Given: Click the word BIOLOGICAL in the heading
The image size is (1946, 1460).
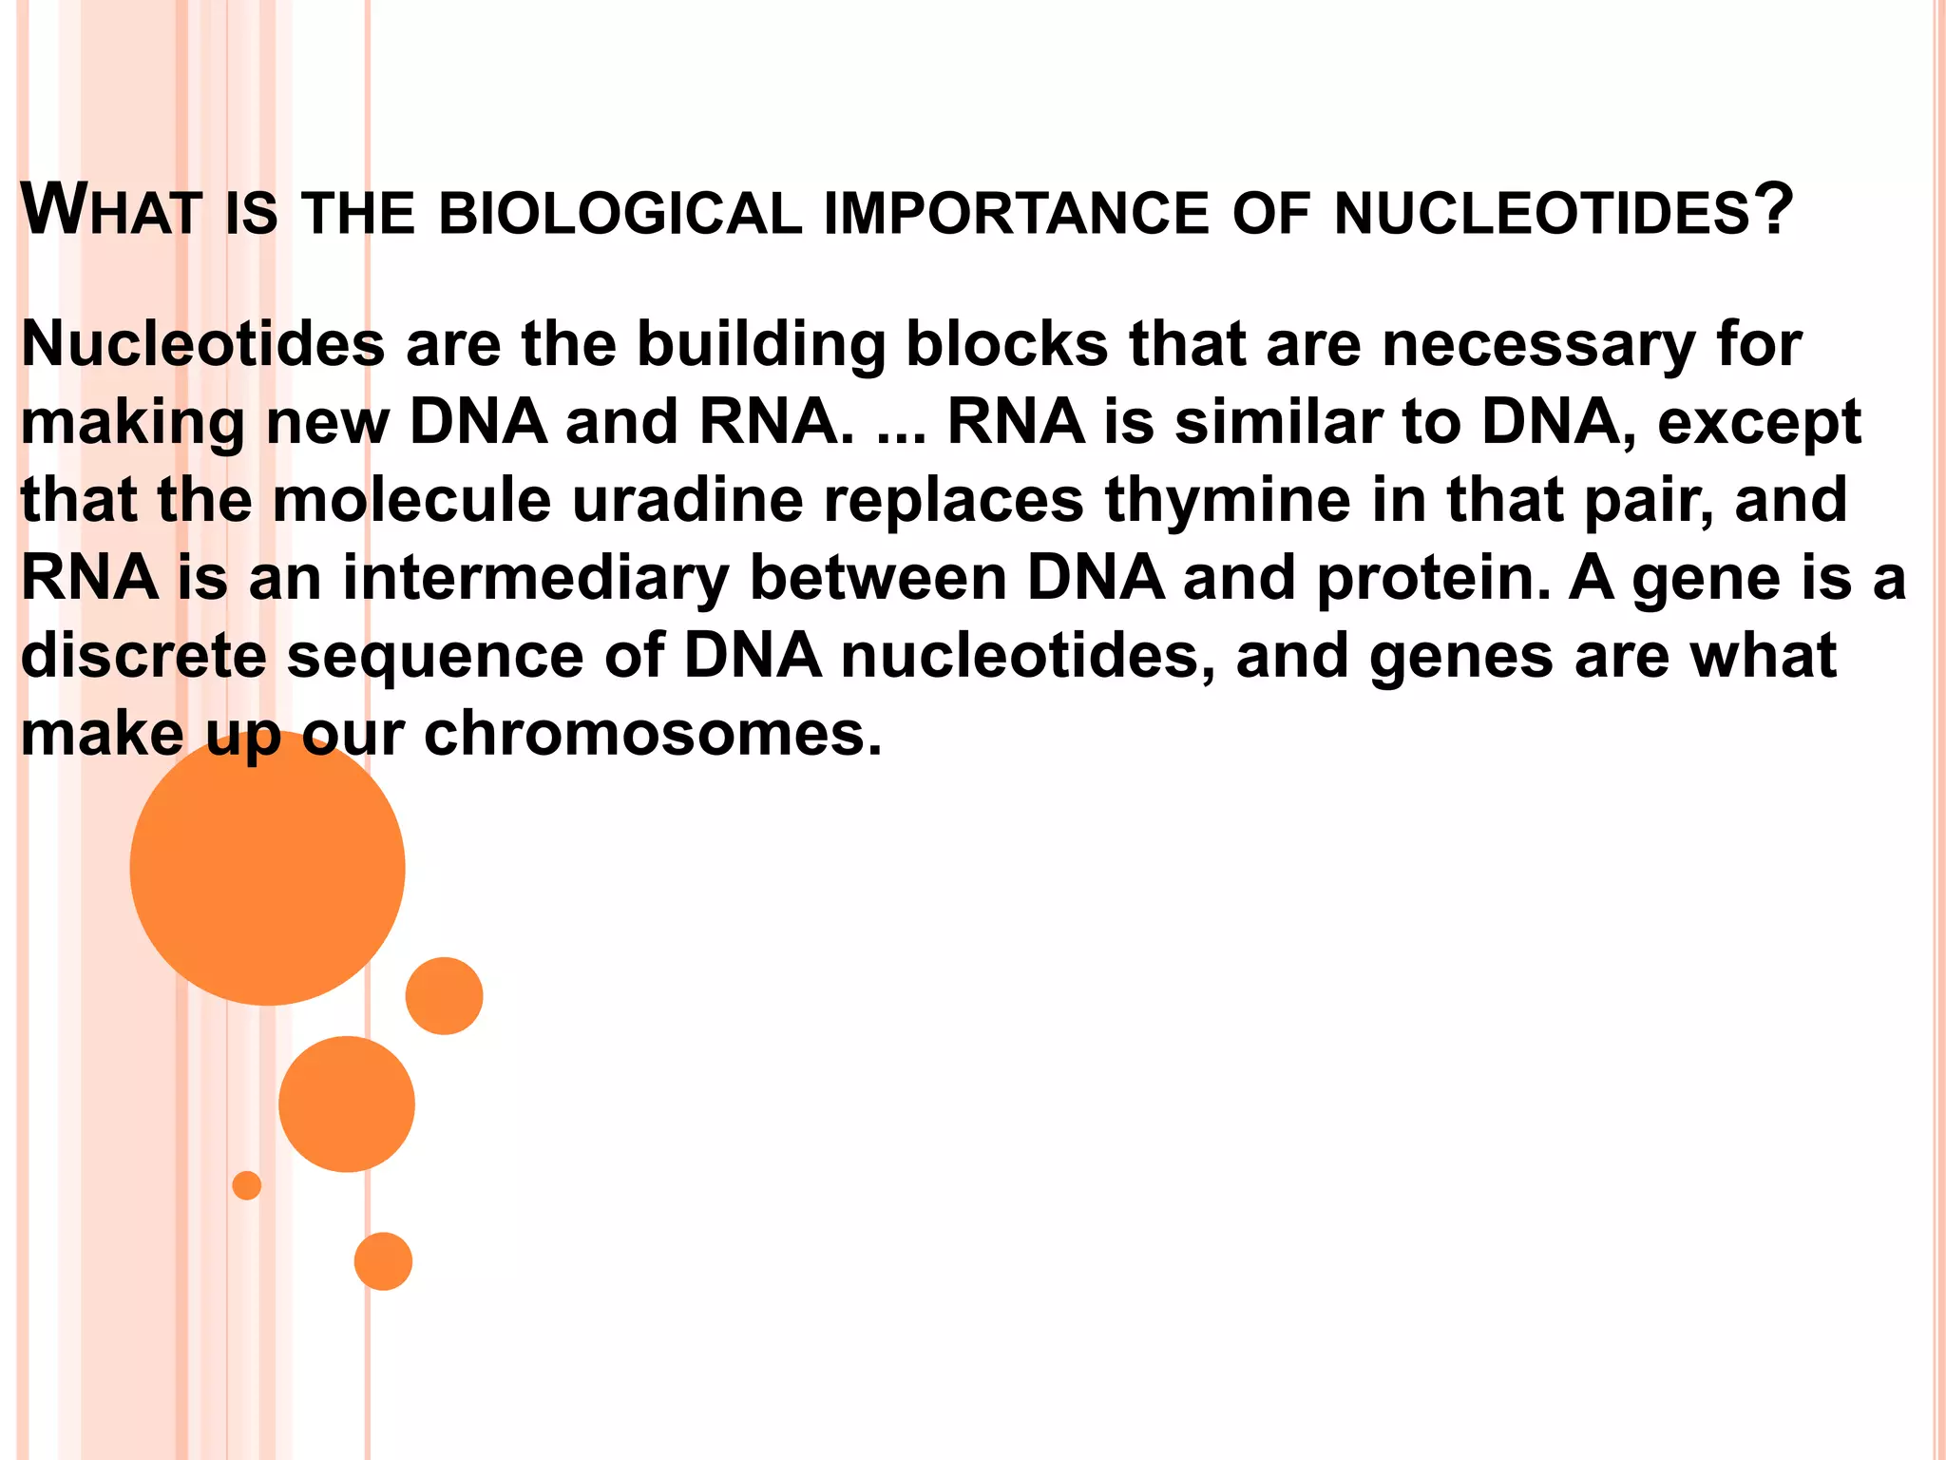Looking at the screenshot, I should (620, 214).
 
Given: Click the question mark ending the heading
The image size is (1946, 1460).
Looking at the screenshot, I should (1773, 209).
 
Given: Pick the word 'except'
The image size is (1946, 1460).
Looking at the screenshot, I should (1759, 424).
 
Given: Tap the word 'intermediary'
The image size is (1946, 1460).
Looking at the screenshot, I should (536, 580).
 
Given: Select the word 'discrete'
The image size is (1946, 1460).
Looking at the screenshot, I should (143, 657).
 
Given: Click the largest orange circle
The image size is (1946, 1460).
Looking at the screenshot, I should (267, 867).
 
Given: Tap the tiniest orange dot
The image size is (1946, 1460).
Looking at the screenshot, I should (247, 1185).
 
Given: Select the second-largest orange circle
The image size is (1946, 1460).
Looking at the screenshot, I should (347, 1104).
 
